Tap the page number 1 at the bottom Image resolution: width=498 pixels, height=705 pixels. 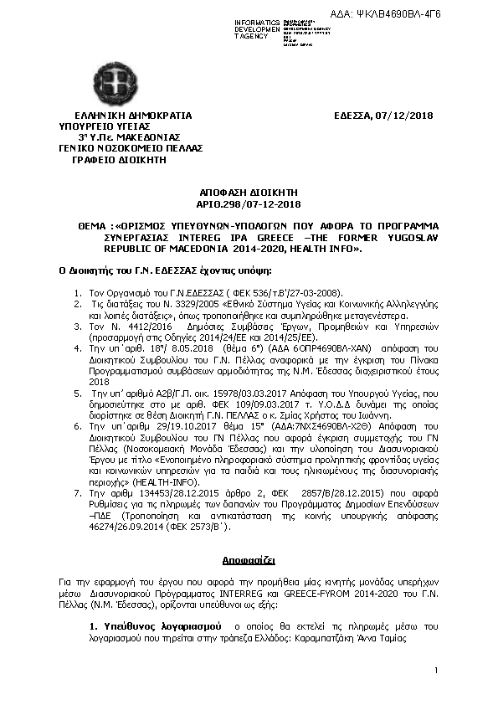point(437,672)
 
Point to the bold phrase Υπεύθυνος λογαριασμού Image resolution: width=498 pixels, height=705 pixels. point(155,626)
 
